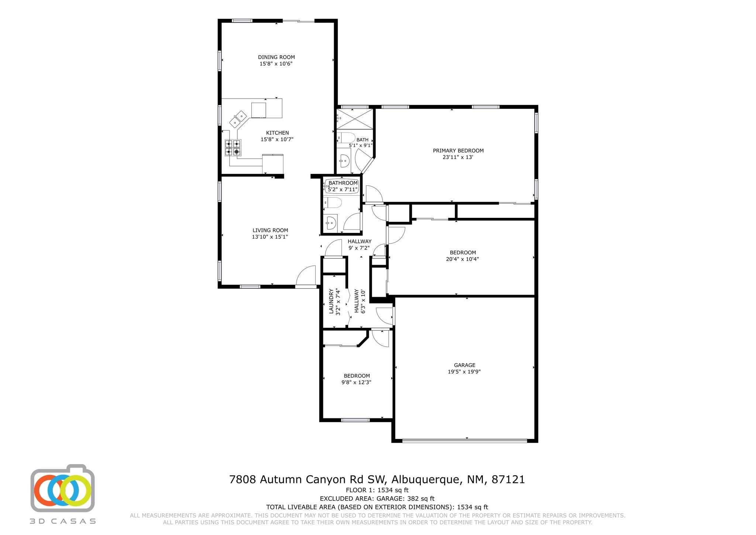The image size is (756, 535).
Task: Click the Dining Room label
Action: [276, 57]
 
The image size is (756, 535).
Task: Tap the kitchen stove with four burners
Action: [233, 147]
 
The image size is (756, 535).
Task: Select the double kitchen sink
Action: [238, 118]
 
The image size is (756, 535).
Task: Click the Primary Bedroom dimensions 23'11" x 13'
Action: [458, 157]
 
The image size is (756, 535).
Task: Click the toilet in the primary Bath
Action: [346, 138]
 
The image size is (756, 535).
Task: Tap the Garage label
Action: [464, 365]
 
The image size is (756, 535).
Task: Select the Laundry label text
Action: [331, 301]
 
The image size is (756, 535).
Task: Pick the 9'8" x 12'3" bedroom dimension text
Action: [356, 383]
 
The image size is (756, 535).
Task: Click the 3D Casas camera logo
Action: [62, 488]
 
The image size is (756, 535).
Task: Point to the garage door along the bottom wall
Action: [464, 440]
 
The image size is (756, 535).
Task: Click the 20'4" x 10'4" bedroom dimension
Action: [463, 259]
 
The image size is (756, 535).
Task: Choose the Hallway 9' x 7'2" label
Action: [359, 244]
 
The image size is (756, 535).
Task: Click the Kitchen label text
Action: [277, 133]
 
